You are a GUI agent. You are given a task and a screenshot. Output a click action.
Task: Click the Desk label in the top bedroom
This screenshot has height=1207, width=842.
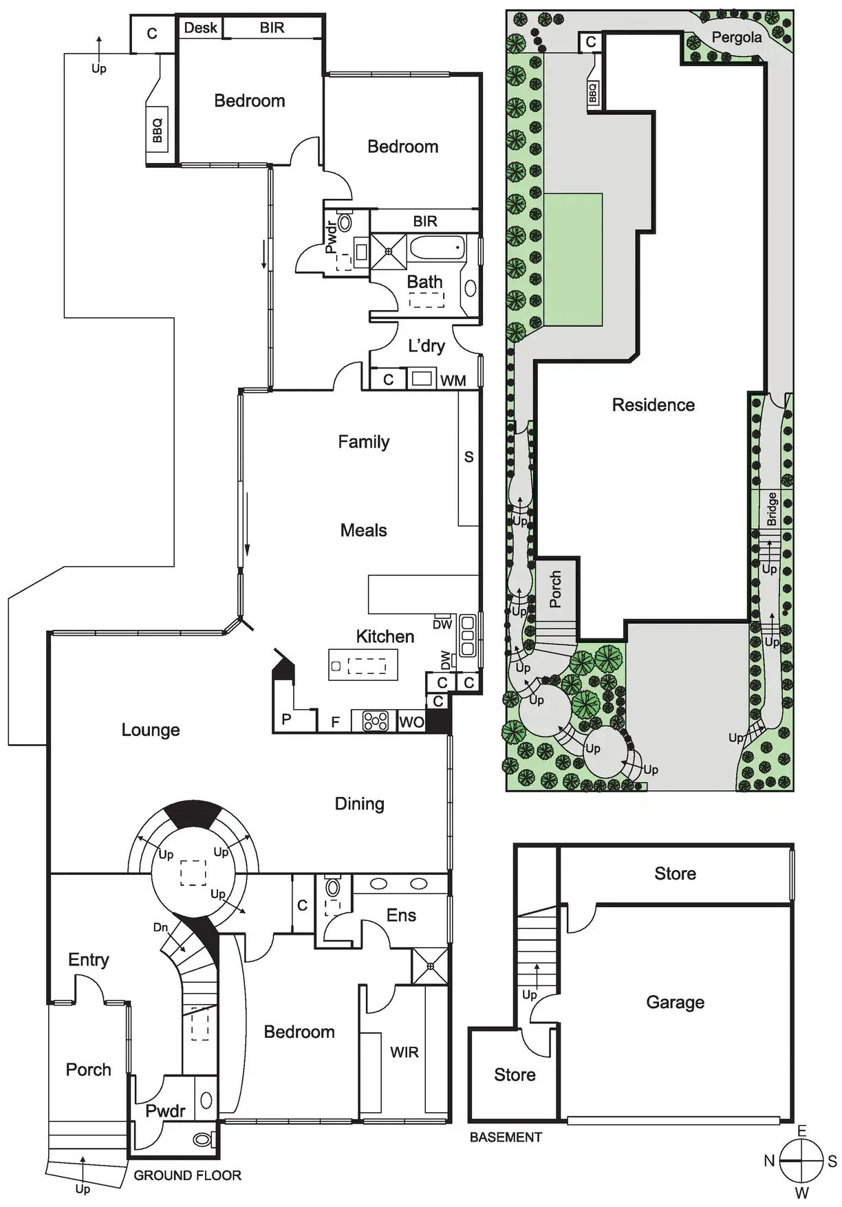coord(200,28)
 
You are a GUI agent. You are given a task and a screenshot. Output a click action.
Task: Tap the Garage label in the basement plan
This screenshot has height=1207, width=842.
coord(675,1002)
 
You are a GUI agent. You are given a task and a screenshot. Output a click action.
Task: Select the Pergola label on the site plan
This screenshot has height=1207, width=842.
coord(736,37)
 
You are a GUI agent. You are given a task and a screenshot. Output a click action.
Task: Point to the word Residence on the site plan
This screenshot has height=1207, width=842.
coord(653,404)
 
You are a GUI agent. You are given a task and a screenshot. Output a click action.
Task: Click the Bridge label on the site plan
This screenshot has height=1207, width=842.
coord(772,509)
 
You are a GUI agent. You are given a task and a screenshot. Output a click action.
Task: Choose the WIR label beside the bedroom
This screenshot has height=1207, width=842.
coord(404,1052)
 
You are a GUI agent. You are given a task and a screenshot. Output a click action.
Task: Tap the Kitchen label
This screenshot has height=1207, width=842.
coord(385,636)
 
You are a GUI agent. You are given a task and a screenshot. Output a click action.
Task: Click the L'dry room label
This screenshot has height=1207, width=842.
coord(426,345)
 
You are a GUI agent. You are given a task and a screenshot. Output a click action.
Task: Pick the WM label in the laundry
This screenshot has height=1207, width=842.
coord(453,380)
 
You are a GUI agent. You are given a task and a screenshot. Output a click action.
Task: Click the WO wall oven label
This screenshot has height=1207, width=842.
coord(411,722)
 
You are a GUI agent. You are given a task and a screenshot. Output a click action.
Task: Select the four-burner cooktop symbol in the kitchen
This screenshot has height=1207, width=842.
coord(375,721)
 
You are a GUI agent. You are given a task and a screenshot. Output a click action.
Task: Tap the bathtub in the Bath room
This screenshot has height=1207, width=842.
coord(438,248)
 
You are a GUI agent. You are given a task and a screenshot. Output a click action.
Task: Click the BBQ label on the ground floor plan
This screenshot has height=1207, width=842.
coord(158,131)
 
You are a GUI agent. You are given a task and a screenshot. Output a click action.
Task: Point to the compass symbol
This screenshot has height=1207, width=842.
coord(801,1160)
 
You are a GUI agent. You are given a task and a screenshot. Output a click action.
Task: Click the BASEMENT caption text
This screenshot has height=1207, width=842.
coord(506,1137)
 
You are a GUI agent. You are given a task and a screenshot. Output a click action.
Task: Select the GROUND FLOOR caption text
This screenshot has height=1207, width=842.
coord(187,1175)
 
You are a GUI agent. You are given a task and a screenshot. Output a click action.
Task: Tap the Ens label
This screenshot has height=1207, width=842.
coord(401,915)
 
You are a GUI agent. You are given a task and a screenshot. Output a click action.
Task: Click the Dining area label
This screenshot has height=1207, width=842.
coord(359,803)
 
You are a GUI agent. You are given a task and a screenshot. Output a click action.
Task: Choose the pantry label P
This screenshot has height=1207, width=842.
coord(286,719)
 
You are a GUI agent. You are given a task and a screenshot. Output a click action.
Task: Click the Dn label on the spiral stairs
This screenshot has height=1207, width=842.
coord(160,927)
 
